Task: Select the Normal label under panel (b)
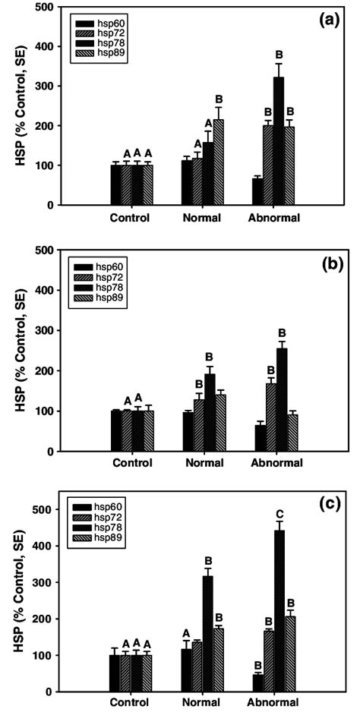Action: click(201, 463)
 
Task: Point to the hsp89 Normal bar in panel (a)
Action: click(219, 162)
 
